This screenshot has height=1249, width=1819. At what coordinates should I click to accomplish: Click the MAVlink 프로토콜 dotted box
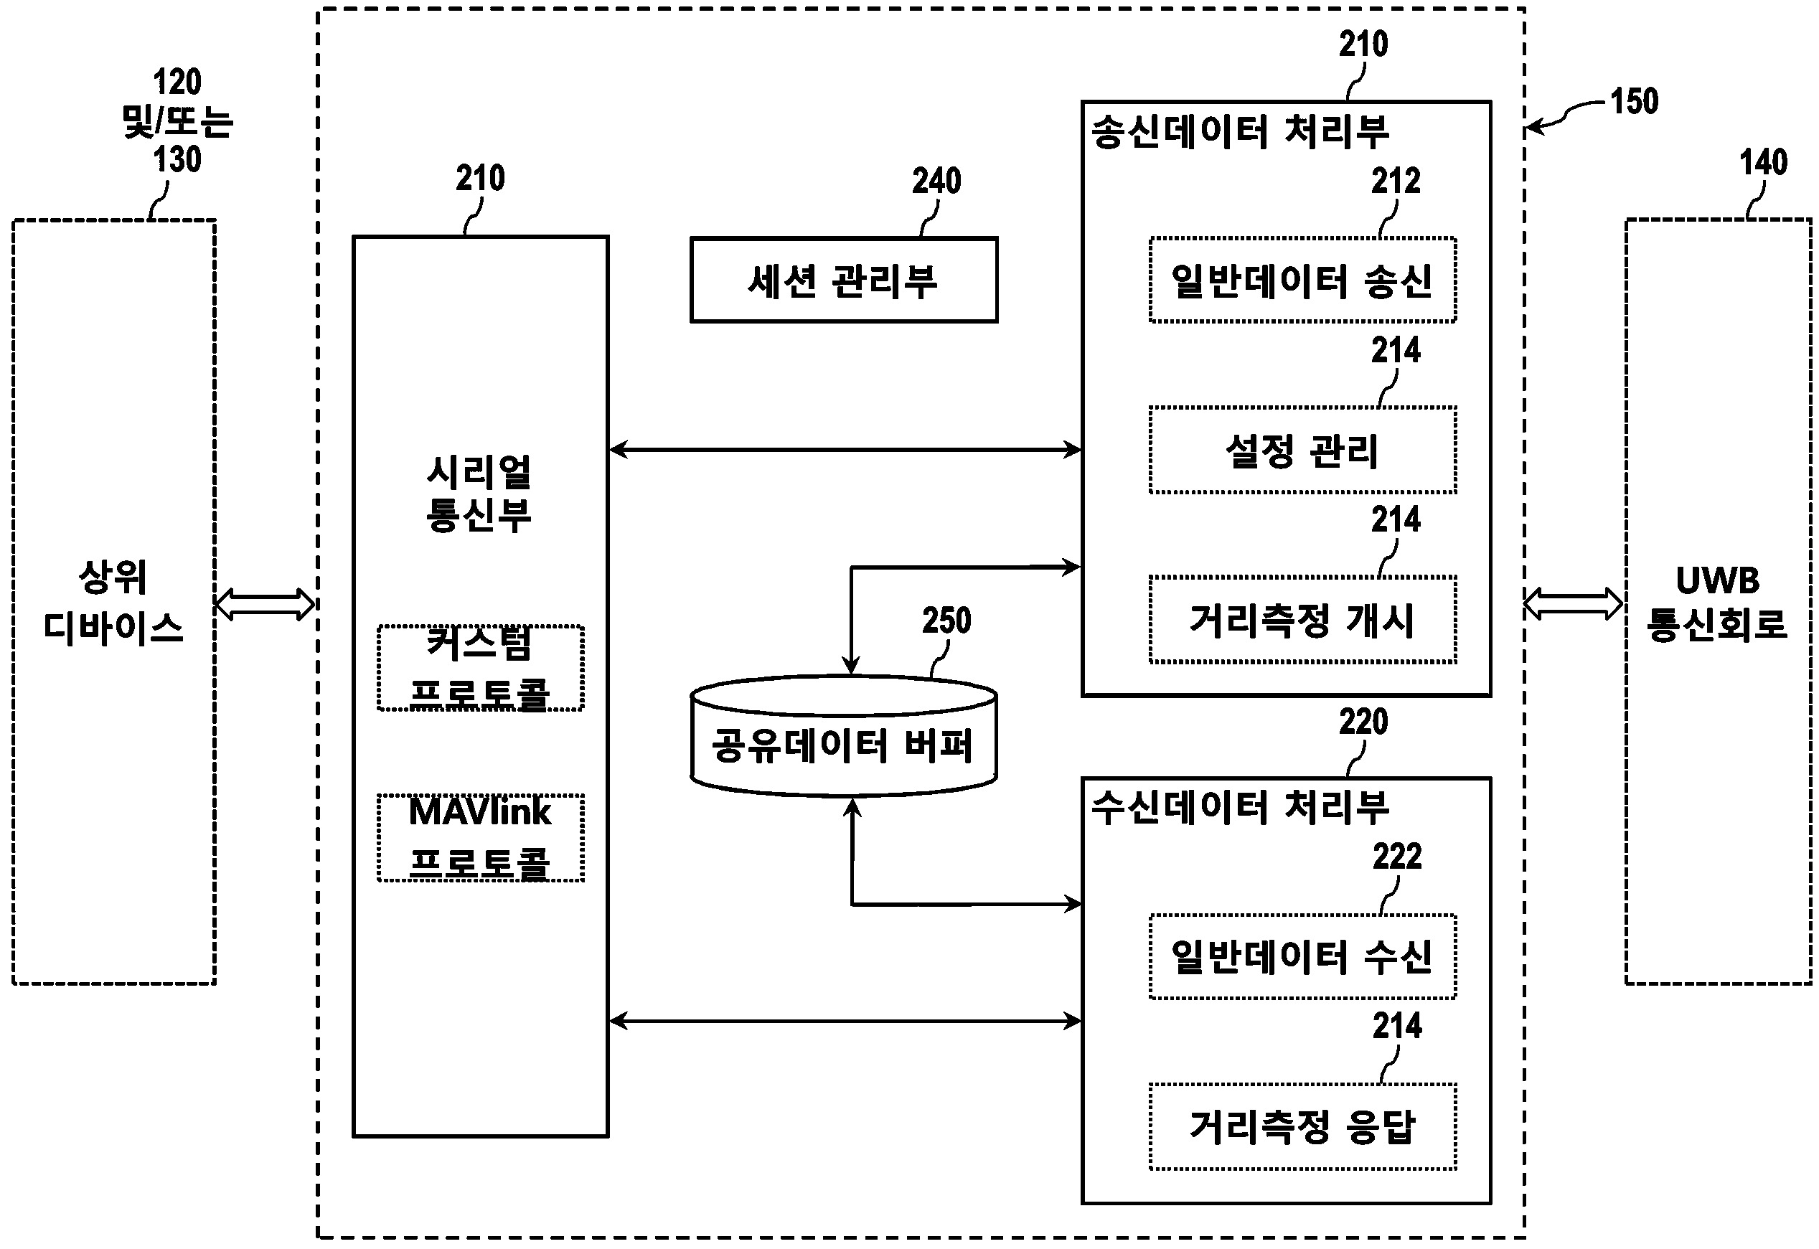click(480, 837)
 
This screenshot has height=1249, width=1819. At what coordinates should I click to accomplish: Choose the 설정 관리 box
click(1302, 450)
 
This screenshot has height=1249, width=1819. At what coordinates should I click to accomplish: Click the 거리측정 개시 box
click(1302, 620)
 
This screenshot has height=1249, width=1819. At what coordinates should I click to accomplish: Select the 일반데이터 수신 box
click(1302, 956)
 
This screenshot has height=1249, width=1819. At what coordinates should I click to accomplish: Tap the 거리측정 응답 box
click(1302, 1126)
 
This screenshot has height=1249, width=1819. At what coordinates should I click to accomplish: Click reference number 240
click(936, 182)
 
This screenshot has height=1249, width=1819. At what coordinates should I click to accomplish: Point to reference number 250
click(946, 621)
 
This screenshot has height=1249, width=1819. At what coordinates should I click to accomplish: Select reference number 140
click(1762, 163)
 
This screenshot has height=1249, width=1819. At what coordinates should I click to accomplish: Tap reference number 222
click(1396, 857)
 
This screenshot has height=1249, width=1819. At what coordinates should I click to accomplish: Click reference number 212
click(1395, 182)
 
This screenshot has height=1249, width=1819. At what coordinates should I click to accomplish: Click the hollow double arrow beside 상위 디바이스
click(265, 604)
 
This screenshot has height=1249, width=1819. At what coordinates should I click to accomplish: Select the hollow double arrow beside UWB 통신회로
click(1573, 603)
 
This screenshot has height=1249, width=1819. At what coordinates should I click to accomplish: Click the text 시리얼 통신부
click(479, 494)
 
